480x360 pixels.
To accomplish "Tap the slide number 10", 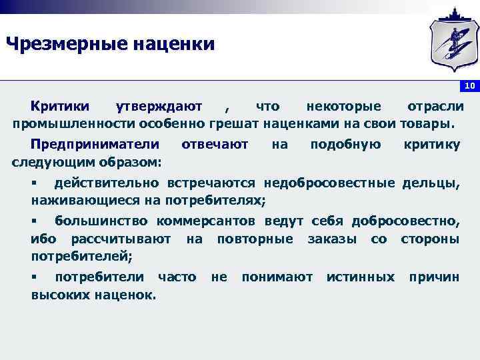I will point(469,86).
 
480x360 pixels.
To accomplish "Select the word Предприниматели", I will point(95,145).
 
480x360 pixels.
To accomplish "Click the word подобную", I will point(345,145).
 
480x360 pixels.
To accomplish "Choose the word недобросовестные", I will point(331,183).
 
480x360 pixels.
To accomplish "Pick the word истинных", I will point(360,277).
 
